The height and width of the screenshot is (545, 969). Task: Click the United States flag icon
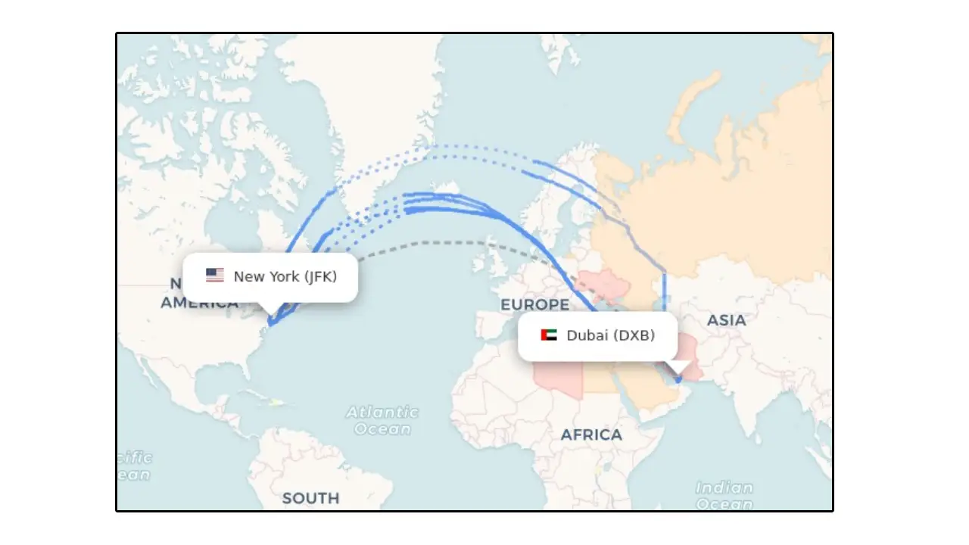click(215, 276)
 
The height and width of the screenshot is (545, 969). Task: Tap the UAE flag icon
click(549, 335)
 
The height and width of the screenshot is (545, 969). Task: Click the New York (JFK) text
click(285, 276)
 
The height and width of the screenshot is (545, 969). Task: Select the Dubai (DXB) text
click(611, 335)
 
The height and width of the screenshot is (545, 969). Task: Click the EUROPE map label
click(534, 305)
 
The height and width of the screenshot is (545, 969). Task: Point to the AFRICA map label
click(591, 435)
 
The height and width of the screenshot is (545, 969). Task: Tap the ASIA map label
click(726, 320)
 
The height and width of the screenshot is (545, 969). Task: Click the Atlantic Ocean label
click(382, 421)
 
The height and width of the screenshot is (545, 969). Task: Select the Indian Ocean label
click(724, 496)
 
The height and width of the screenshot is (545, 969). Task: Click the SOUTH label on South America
click(310, 498)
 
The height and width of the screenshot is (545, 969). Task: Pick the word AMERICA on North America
click(200, 304)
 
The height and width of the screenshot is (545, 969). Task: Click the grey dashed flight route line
click(424, 243)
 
